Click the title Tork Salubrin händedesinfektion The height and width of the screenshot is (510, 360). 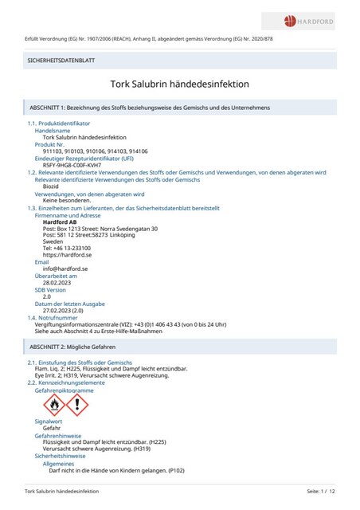[180, 83]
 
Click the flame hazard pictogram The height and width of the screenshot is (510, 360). [52, 406]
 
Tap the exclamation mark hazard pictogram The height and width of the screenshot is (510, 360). [76, 406]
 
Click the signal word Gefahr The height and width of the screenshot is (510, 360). [52, 428]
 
